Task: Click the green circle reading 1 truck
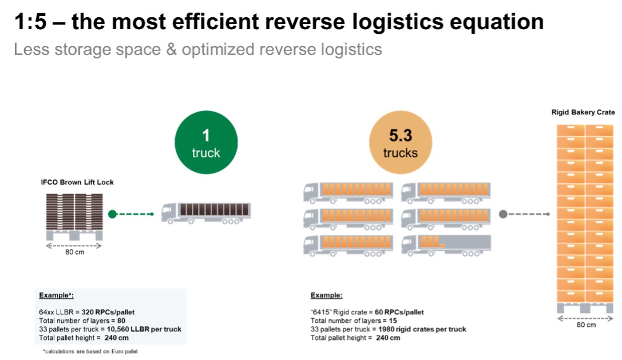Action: tap(206, 142)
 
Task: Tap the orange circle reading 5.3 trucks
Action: tap(401, 142)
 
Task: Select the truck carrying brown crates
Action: tap(206, 213)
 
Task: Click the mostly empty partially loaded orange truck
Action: tap(446, 246)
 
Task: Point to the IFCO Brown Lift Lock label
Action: tap(77, 182)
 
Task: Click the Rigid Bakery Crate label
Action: tap(583, 112)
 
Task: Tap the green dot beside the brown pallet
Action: tap(112, 214)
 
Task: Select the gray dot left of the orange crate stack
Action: tap(503, 214)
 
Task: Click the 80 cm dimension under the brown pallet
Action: tap(74, 252)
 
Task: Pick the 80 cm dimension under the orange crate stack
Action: tap(586, 325)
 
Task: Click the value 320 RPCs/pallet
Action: tap(108, 312)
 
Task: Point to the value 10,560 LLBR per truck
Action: tap(144, 329)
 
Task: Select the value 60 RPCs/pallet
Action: tap(399, 312)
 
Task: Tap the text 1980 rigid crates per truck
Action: tap(422, 329)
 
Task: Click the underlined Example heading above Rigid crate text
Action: tap(326, 295)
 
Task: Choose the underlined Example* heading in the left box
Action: tap(56, 295)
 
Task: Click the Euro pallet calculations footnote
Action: tap(90, 351)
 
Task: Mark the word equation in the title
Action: tap(497, 22)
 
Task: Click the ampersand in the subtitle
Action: tap(171, 50)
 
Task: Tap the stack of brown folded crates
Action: tap(74, 212)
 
